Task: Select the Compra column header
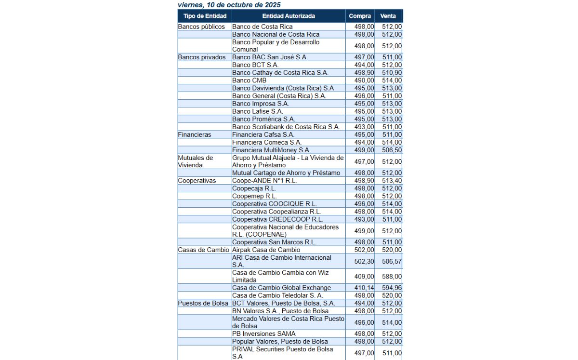pos(360,16)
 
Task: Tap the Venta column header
pos(388,16)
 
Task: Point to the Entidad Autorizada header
pos(289,16)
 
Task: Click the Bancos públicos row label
pos(201,27)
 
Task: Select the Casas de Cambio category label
pos(203,250)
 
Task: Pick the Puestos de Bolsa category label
pos(203,303)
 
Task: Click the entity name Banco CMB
pos(249,80)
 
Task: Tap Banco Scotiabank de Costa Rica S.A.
pos(286,127)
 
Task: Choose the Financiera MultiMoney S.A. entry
pos(271,150)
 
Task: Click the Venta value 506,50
pos(392,150)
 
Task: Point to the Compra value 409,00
pos(364,276)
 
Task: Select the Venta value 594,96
pos(392,288)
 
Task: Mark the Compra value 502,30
pos(364,261)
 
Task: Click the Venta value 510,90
pos(392,73)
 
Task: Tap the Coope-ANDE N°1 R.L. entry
pos(264,181)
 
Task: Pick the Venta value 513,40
pos(392,181)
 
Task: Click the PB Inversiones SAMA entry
pos(264,333)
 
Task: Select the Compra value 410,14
pos(364,288)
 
